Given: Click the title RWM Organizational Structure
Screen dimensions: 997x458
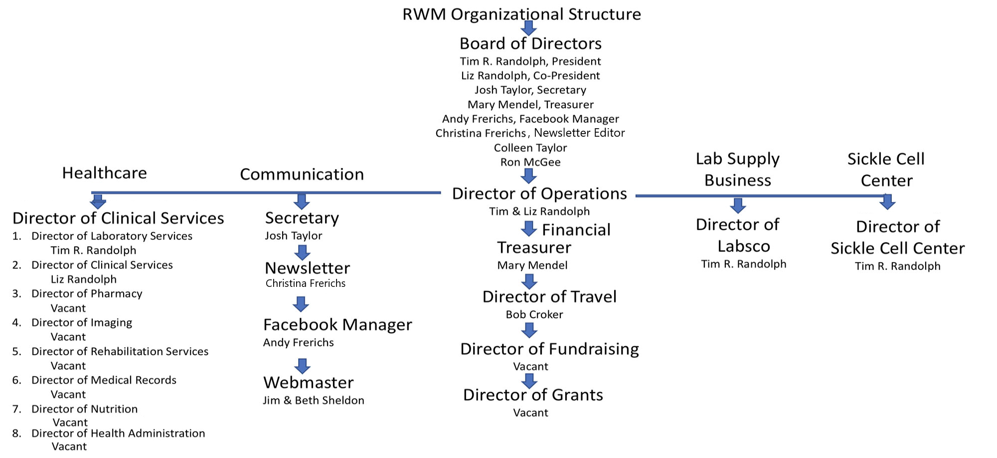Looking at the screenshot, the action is tap(521, 14).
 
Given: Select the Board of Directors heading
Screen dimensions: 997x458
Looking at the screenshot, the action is tap(530, 44).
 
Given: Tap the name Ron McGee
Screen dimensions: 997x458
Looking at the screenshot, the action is tap(530, 162).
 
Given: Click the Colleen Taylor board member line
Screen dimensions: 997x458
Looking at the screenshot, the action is tap(530, 148).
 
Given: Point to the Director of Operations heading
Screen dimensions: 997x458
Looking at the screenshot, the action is tap(539, 194).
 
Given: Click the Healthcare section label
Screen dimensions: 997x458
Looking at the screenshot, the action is tap(105, 173).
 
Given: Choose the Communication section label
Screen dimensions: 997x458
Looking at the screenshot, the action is tap(302, 174).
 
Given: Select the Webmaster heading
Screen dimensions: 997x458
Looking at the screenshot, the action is tap(309, 383).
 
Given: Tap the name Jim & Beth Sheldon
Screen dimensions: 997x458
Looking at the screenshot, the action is tap(314, 401).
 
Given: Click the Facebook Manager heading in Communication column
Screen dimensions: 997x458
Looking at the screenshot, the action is tap(337, 325).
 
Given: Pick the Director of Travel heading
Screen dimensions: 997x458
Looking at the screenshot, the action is tap(549, 297).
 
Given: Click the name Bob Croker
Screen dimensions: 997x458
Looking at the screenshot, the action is tap(534, 315).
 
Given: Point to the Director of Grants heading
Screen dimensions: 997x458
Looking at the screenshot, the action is tap(533, 395).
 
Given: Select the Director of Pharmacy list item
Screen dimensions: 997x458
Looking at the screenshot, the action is tap(87, 294).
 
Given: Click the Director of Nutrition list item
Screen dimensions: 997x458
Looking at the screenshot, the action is tap(84, 409).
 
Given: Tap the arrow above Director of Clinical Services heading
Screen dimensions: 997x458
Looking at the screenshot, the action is tap(98, 202).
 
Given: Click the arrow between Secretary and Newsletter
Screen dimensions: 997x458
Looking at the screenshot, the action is tap(302, 252).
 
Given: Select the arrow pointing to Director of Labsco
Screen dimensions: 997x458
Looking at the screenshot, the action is tap(738, 206).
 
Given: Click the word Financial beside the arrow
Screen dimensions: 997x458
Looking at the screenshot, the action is tap(576, 230).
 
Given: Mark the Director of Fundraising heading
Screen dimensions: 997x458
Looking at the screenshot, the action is tap(549, 349).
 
